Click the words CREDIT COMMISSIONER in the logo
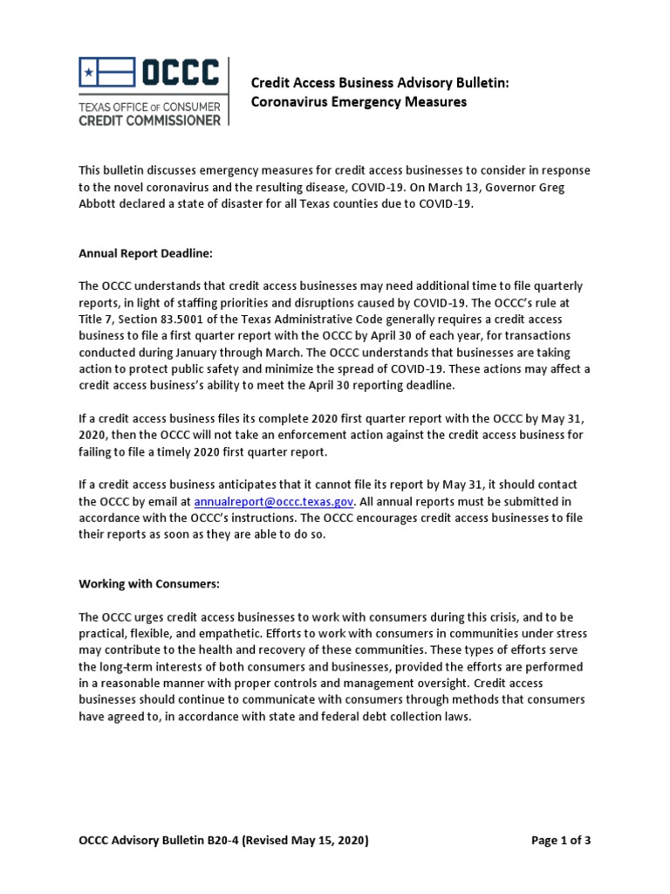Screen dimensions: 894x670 pos(150,120)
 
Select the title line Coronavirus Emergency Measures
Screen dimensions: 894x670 pos(359,102)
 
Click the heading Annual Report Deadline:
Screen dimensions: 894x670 pos(146,254)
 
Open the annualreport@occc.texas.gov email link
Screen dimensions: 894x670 pos(273,501)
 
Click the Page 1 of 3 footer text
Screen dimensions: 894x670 pos(561,841)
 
